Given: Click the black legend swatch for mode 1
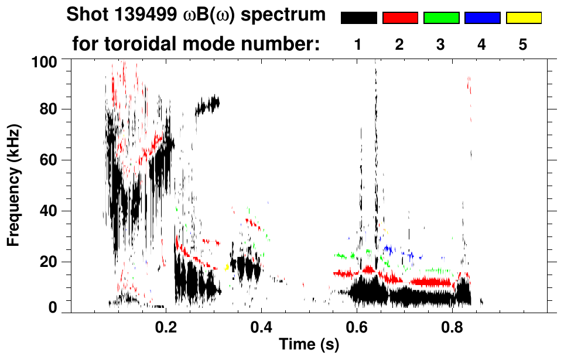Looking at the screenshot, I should click(x=359, y=18).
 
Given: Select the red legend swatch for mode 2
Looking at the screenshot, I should click(x=400, y=18).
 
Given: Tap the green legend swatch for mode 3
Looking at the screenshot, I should click(x=441, y=18).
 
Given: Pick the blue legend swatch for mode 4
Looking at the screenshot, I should click(x=482, y=18).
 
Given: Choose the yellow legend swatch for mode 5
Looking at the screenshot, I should click(x=523, y=18).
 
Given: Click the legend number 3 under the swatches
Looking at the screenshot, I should click(x=441, y=44).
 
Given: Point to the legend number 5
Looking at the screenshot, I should click(x=523, y=44).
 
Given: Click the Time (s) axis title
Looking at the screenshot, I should click(x=309, y=345).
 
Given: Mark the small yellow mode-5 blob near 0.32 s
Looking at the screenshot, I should click(x=227, y=267).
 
